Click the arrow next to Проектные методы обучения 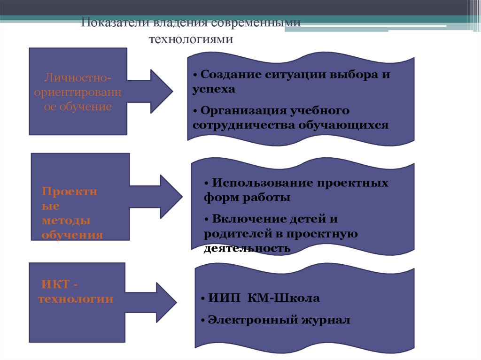pos(164,197)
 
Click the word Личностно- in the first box pos(78,77)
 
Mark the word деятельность pos(247,248)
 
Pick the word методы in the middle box pos(66,220)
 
